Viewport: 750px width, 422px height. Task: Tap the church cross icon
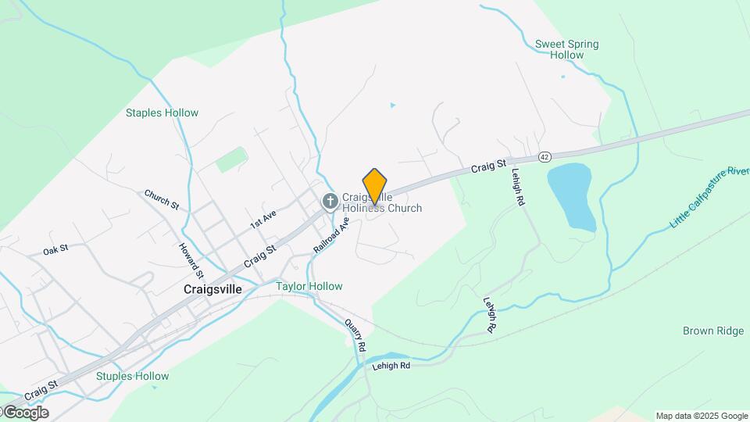coord(330,202)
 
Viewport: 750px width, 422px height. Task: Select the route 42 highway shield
coord(545,158)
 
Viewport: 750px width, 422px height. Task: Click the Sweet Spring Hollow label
coord(566,49)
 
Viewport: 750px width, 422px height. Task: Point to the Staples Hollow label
coord(162,113)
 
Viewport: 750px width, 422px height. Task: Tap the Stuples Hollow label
coord(132,376)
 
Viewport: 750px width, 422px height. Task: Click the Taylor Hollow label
coord(309,286)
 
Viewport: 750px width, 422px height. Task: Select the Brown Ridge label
coord(712,331)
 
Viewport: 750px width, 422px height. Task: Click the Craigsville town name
coord(212,288)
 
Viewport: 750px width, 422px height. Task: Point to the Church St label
coord(162,199)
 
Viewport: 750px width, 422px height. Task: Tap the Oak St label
coord(56,249)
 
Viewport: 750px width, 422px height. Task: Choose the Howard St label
coord(191,260)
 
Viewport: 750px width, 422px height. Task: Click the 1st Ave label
coord(263,219)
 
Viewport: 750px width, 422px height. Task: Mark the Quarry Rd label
coord(355,334)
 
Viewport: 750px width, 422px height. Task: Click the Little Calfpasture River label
coord(710,198)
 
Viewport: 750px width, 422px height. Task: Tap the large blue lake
coord(572,195)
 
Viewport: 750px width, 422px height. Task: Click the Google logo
coord(25,413)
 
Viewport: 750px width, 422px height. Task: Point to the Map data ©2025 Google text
coord(702,416)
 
